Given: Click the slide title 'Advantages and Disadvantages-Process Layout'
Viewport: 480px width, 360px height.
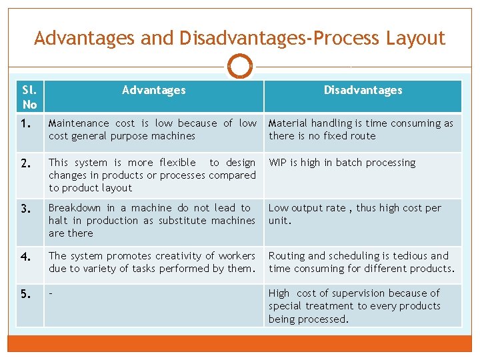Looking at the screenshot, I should (239, 38).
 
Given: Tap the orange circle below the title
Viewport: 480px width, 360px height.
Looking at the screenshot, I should (240, 66).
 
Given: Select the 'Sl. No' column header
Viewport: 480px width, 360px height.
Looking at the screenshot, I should (29, 97).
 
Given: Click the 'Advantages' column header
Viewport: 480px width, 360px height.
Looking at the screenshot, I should (153, 90).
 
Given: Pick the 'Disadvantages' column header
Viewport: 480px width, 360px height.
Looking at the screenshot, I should (363, 90).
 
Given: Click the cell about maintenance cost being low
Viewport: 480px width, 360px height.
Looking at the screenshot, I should (152, 129).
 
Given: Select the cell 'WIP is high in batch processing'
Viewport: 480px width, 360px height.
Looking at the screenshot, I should (342, 163).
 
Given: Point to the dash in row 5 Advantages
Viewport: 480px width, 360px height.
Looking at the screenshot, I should (51, 293).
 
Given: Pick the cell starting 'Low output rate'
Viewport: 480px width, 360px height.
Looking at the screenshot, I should (355, 214).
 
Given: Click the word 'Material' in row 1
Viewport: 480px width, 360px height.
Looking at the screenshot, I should (288, 123).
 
